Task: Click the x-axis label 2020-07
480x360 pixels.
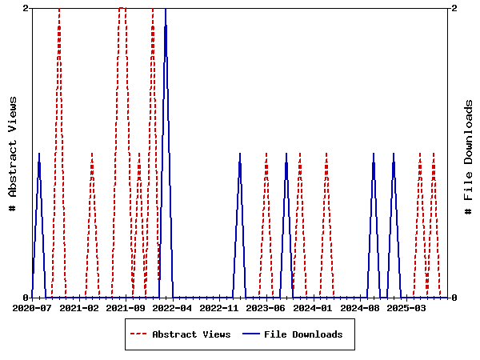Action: tap(32, 307)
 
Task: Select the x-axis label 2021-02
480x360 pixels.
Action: tap(78, 307)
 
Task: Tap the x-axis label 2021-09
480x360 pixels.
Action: tap(126, 307)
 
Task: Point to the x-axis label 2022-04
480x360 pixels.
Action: tap(172, 307)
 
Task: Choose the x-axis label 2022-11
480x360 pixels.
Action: tap(219, 307)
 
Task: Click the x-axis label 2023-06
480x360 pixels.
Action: tap(266, 307)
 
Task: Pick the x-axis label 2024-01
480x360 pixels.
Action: tap(313, 307)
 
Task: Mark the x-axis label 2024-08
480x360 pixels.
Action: tap(359, 307)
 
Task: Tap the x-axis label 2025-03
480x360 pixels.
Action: tap(406, 307)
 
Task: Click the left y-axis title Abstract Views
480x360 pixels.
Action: tap(13, 153)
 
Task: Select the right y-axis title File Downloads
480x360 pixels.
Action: tap(469, 157)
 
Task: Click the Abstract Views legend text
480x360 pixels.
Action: tap(191, 334)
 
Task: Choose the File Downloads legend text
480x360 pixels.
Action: tap(303, 334)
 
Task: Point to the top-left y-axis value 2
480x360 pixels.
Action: tap(26, 8)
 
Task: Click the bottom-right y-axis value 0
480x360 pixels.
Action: tap(454, 298)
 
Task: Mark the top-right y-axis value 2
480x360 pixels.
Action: tap(454, 8)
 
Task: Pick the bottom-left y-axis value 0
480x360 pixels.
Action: tap(26, 298)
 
